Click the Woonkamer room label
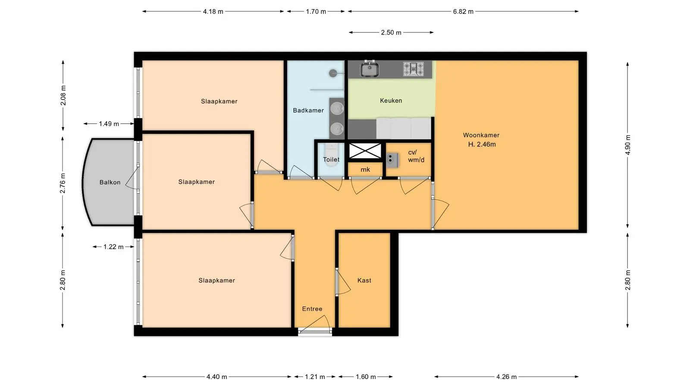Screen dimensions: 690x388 [481, 135]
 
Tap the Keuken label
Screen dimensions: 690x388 [391, 100]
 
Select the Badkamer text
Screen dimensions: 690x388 [308, 110]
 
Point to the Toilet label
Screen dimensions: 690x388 [331, 160]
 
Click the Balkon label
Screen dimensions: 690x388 [110, 182]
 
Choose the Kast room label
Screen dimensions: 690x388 [364, 280]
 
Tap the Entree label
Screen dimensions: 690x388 [312, 309]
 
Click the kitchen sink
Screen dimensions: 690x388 [370, 69]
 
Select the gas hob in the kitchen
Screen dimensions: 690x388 [414, 69]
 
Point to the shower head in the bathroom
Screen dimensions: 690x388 [333, 73]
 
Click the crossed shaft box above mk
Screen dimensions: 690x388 [365, 151]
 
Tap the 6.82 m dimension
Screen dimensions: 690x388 [463, 12]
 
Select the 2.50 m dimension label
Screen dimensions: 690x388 [391, 33]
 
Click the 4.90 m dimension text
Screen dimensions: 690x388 [628, 145]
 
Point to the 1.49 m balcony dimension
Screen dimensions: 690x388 [109, 124]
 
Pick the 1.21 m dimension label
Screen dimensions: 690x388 [315, 377]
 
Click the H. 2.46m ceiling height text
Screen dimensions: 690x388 [482, 144]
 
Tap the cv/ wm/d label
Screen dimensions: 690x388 [416, 156]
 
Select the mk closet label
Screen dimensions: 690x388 [365, 169]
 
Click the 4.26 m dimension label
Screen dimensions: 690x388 [506, 377]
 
